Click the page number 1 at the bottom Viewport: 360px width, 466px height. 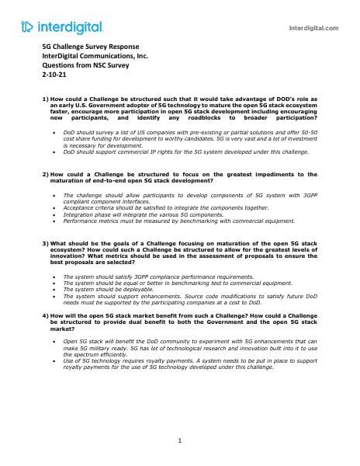(179, 441)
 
